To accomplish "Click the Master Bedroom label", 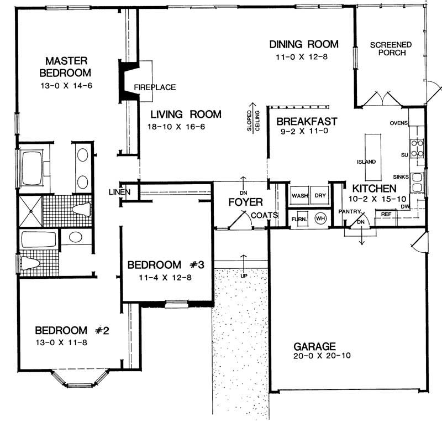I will point(67,66).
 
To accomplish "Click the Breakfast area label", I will point(307,122).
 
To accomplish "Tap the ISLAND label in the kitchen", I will point(366,162).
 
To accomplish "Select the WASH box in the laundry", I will point(299,196).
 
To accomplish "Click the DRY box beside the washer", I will point(320,196).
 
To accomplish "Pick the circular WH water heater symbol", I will point(320,218).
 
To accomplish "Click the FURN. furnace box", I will point(299,219).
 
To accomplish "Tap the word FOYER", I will point(245,202).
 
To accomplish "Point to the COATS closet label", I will point(264,215).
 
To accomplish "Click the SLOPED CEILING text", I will point(254,119).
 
